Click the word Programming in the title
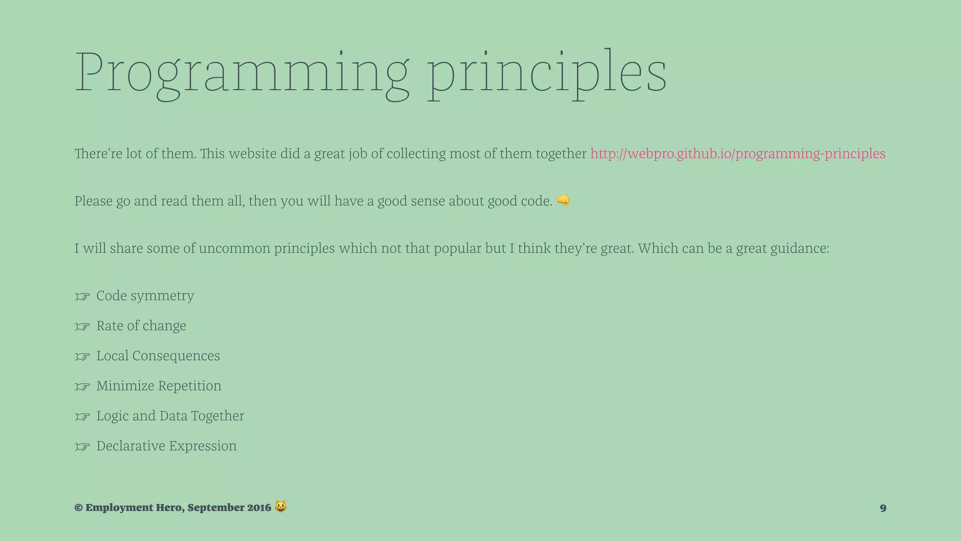pyautogui.click(x=242, y=73)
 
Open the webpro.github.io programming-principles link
pyautogui.click(x=738, y=154)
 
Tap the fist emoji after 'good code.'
pyautogui.click(x=563, y=201)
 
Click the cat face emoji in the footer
pyautogui.click(x=281, y=507)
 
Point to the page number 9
pyautogui.click(x=883, y=508)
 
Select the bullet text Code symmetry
pyautogui.click(x=145, y=296)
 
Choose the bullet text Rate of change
pyautogui.click(x=141, y=326)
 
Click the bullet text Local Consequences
pyautogui.click(x=158, y=356)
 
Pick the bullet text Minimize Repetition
pyautogui.click(x=159, y=386)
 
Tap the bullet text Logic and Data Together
pyautogui.click(x=170, y=416)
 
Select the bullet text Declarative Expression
pyautogui.click(x=167, y=446)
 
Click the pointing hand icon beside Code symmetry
pyautogui.click(x=82, y=297)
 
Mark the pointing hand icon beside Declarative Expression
pyautogui.click(x=82, y=447)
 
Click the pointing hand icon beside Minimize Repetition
pyautogui.click(x=82, y=387)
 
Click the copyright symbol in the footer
pyautogui.click(x=78, y=508)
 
